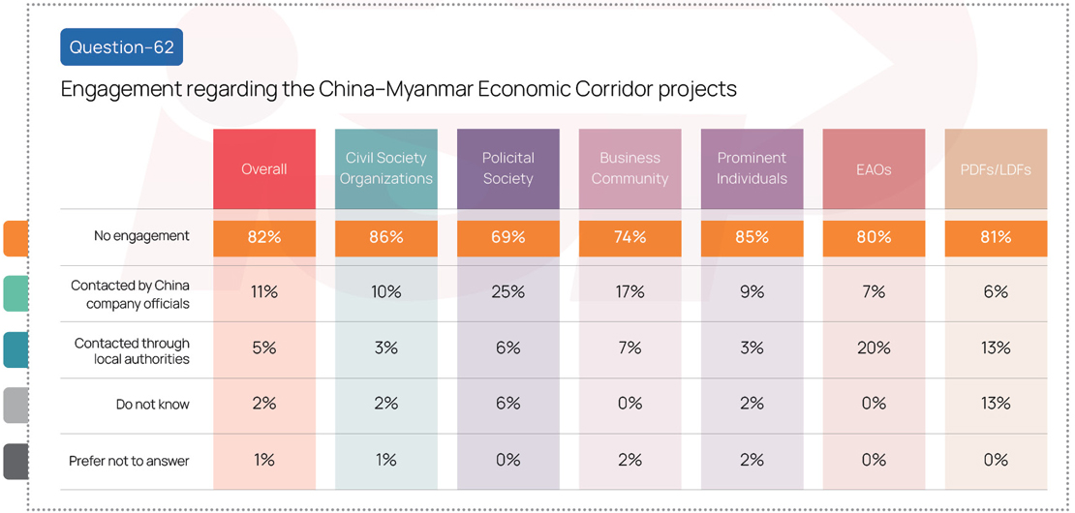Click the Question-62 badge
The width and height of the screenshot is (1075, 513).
point(121,47)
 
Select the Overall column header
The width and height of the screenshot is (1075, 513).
point(264,168)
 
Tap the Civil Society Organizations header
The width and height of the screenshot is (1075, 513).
point(386,168)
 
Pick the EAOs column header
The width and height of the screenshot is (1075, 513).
point(875,168)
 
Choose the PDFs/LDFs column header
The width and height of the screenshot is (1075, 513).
point(997,168)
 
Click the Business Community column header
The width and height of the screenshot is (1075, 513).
point(630,168)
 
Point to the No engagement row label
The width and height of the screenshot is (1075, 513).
point(141,236)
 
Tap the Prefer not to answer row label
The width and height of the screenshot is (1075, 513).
point(129,461)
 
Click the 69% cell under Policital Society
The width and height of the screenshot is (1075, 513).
point(508,238)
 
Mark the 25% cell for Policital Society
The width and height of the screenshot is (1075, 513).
point(508,292)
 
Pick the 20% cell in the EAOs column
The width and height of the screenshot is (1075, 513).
point(875,347)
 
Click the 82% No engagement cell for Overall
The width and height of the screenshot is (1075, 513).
point(264,238)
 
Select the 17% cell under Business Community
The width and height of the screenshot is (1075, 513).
point(630,292)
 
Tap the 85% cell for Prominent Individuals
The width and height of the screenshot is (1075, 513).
point(752,238)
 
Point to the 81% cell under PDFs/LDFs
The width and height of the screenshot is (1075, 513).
point(997,238)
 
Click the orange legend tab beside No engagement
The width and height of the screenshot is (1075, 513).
point(15,238)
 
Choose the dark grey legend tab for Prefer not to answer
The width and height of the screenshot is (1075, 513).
point(15,462)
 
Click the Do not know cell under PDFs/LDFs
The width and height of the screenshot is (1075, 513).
point(997,404)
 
